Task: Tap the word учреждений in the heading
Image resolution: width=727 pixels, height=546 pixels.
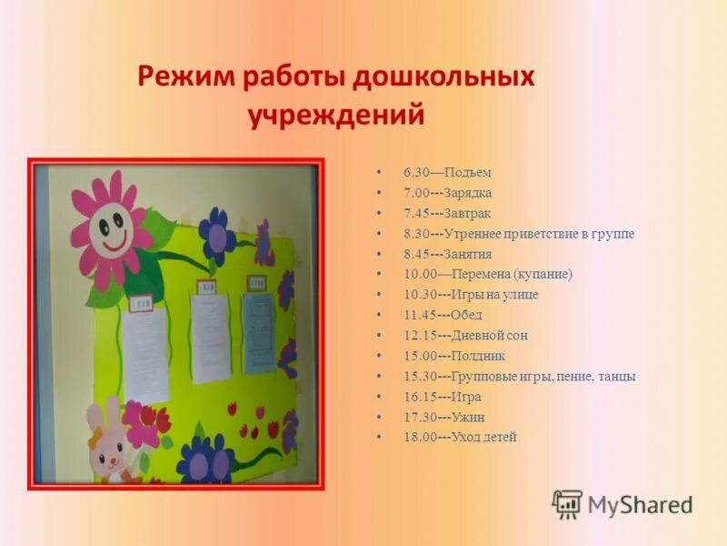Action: [x=336, y=116]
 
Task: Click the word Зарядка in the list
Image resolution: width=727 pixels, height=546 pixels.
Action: [x=467, y=193]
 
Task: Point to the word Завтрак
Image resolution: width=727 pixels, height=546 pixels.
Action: [x=467, y=213]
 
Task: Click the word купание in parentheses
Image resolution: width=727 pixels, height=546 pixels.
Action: [x=542, y=274]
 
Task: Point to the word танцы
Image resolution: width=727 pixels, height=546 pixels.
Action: [x=616, y=376]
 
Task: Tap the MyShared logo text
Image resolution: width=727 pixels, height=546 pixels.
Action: [x=640, y=504]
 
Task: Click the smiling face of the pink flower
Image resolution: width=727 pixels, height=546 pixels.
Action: [x=110, y=227]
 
